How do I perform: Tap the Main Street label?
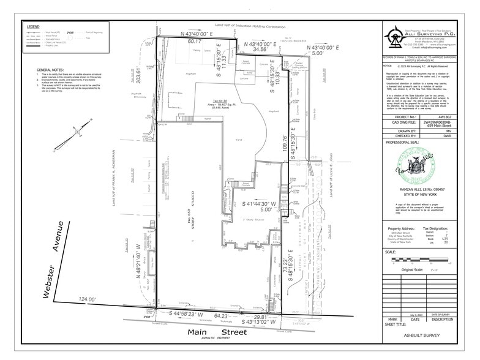[x=217, y=332]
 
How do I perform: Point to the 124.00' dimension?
[x=86, y=299]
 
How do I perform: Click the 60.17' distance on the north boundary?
[x=194, y=42]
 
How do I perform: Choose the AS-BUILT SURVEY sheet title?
[x=419, y=336]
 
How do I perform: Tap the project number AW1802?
[x=435, y=116]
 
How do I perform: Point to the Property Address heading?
[x=402, y=228]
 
